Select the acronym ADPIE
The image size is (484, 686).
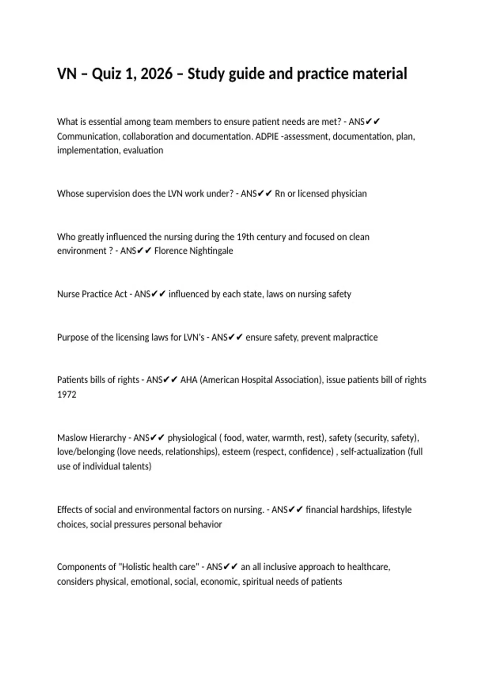pos(267,136)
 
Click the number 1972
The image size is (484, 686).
pos(67,394)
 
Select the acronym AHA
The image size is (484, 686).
pos(189,380)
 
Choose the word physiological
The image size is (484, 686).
pos(192,438)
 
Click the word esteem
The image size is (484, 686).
pos(236,452)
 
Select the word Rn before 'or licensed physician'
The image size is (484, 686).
pos(280,194)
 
